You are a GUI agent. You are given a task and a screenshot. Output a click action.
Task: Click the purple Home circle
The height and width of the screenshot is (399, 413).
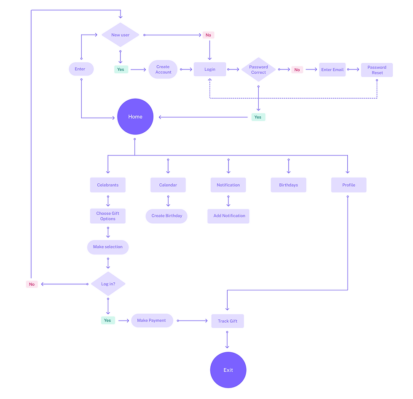pyautogui.click(x=135, y=117)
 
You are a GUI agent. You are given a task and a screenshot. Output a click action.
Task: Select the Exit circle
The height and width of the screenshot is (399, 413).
pyautogui.click(x=228, y=370)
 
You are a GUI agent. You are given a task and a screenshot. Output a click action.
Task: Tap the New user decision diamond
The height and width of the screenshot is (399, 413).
pyautogui.click(x=121, y=35)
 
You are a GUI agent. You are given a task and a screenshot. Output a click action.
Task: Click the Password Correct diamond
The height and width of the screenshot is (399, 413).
pyautogui.click(x=258, y=70)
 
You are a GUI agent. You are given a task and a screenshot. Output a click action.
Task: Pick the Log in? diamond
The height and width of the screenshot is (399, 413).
pyautogui.click(x=108, y=284)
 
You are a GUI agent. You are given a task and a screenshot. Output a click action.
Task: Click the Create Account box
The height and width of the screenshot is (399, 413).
pyautogui.click(x=163, y=70)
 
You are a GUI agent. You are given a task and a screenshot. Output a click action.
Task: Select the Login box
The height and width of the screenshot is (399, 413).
pyautogui.click(x=210, y=70)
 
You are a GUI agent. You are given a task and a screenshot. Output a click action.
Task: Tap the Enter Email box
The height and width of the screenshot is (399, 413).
pyautogui.click(x=333, y=70)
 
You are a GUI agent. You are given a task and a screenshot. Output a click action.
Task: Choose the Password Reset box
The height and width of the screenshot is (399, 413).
pyautogui.click(x=377, y=70)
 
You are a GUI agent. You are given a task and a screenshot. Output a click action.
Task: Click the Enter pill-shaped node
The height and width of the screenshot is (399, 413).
pyautogui.click(x=81, y=69)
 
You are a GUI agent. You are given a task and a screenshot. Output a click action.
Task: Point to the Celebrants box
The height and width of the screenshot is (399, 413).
pyautogui.click(x=108, y=185)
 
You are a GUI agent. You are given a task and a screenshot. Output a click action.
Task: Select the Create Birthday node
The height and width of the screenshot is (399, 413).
pyautogui.click(x=167, y=216)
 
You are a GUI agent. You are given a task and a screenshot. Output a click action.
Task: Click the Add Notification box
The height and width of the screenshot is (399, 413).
pyautogui.click(x=229, y=216)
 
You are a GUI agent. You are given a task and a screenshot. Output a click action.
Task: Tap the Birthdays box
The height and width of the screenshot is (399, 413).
pyautogui.click(x=288, y=185)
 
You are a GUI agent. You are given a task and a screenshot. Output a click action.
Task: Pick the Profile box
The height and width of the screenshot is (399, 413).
pyautogui.click(x=349, y=185)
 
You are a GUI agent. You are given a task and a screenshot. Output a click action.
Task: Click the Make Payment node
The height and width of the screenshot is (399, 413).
pyautogui.click(x=152, y=321)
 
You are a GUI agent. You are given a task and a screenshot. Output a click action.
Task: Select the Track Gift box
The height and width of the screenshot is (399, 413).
pyautogui.click(x=228, y=321)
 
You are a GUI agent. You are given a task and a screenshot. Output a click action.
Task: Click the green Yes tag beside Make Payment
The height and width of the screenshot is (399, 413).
pyautogui.click(x=108, y=321)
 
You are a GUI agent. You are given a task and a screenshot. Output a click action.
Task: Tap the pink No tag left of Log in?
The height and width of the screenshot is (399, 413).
pyautogui.click(x=32, y=284)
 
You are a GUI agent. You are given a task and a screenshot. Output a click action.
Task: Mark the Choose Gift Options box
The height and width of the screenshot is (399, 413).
pyautogui.click(x=108, y=216)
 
